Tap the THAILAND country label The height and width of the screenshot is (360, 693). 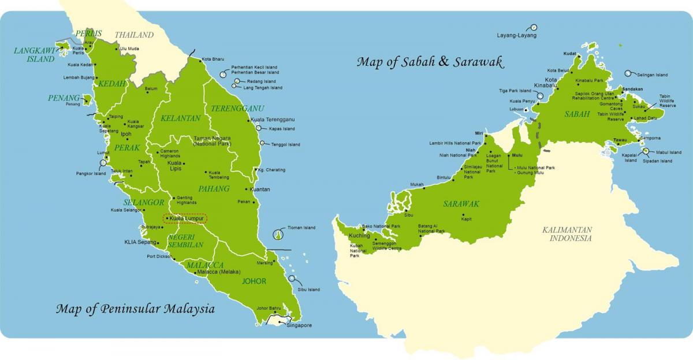134,35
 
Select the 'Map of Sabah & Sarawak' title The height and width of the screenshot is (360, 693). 430,62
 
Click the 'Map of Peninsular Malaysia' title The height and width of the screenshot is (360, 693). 135,309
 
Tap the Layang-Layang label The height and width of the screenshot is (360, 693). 516,35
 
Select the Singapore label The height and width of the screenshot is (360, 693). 299,325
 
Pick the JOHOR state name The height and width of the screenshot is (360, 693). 255,281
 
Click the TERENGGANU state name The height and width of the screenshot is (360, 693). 229,108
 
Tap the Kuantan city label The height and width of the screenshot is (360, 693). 260,189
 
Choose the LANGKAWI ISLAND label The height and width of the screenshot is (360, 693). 33,54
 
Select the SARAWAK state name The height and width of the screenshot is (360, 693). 461,203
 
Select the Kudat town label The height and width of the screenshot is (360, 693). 570,53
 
